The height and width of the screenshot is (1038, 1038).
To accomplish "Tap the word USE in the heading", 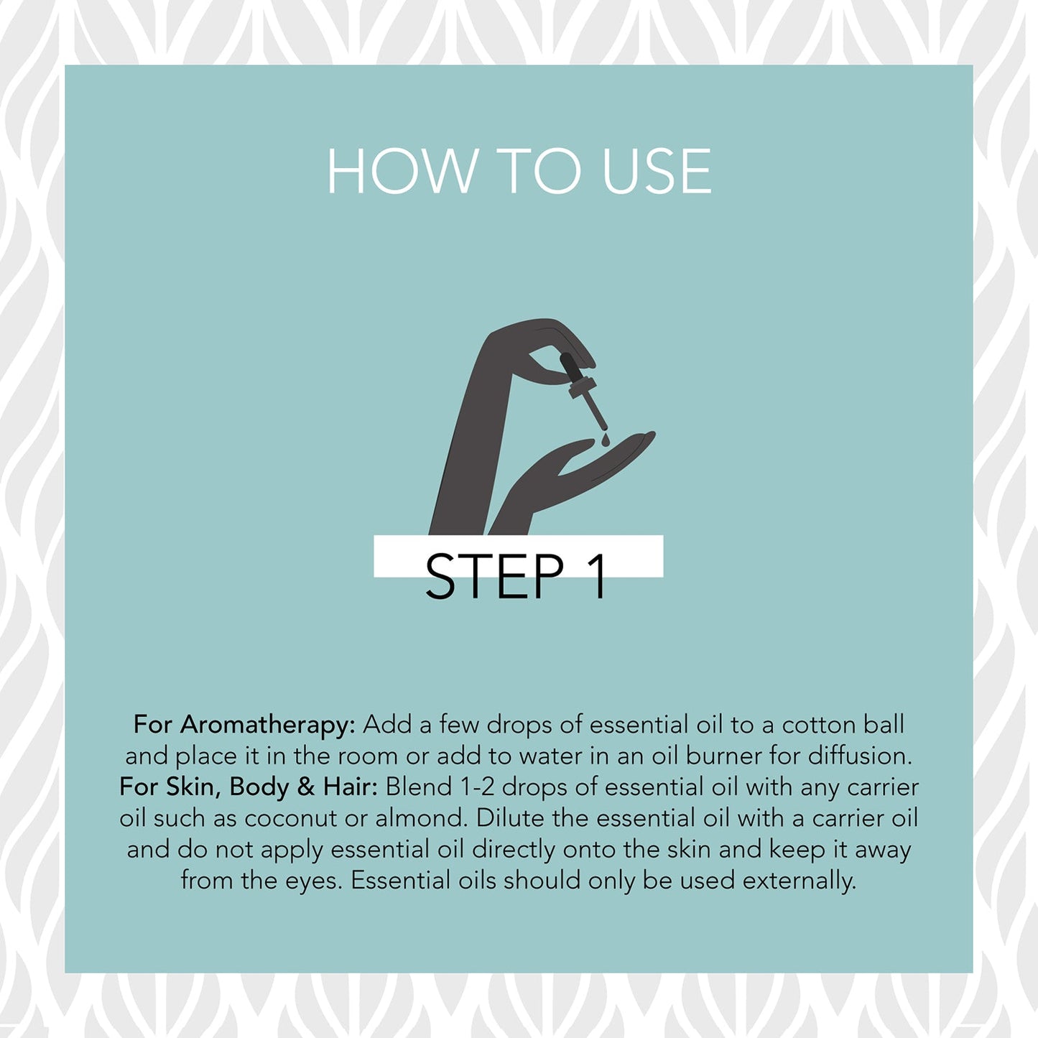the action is (657, 171).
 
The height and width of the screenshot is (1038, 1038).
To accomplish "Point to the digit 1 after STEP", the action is (596, 576).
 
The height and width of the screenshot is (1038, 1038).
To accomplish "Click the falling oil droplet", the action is (605, 440).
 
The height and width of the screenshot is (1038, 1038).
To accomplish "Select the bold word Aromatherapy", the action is (268, 726).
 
